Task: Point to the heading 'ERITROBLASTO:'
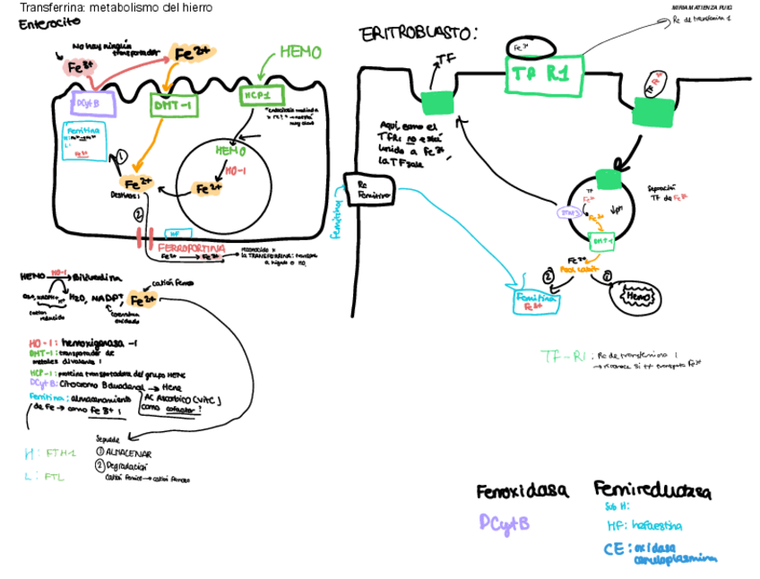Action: point(418,35)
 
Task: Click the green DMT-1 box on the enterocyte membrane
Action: point(173,105)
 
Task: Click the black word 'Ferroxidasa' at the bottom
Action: point(522,491)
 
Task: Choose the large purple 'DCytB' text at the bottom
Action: point(504,523)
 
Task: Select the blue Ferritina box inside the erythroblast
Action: point(536,301)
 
